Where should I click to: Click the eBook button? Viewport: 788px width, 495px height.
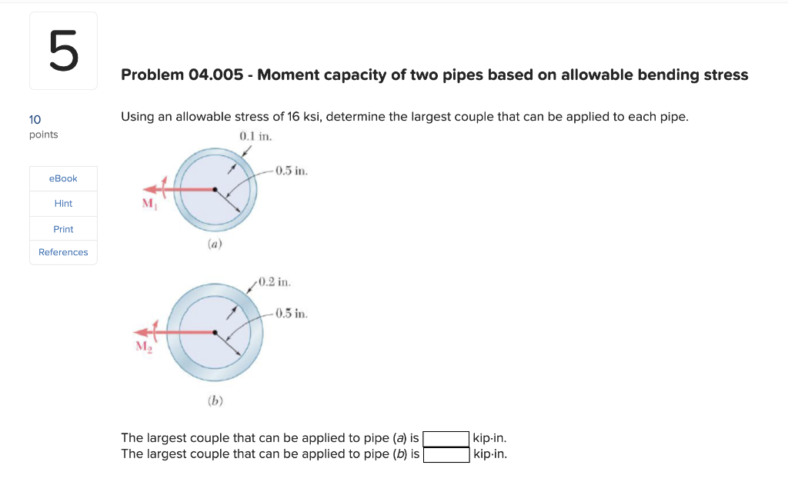(x=63, y=178)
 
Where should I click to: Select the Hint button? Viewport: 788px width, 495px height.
(x=63, y=204)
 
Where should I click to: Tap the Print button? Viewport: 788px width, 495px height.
(x=63, y=229)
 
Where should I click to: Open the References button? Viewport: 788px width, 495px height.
(x=63, y=252)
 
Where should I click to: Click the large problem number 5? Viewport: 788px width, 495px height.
(x=63, y=51)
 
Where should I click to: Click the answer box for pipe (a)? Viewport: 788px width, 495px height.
(x=446, y=439)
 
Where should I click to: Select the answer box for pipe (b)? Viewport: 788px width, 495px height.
(x=446, y=454)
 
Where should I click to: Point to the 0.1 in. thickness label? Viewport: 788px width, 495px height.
(x=256, y=136)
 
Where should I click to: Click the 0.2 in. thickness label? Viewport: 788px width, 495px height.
(x=274, y=282)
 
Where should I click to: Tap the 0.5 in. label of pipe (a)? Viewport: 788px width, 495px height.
(x=292, y=171)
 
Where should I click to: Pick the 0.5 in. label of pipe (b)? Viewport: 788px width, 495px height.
(x=292, y=314)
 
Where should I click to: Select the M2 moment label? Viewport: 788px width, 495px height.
(x=144, y=347)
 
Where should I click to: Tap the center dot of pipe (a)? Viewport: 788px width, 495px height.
(x=215, y=189)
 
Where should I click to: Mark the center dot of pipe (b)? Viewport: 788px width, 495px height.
(x=215, y=333)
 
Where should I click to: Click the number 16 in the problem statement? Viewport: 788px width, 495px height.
(x=293, y=117)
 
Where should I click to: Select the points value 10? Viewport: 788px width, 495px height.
(x=35, y=119)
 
